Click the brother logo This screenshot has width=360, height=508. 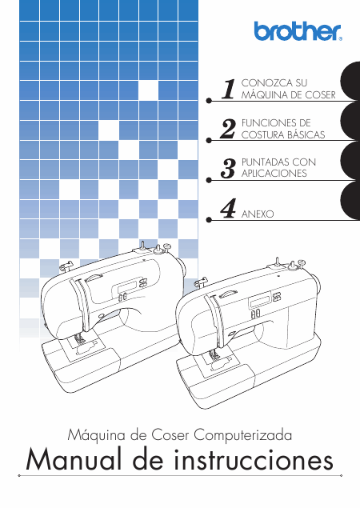coord(298,31)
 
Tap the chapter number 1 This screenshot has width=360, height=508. coord(229,89)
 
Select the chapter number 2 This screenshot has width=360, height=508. coord(228,129)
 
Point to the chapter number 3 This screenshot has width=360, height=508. coord(228,169)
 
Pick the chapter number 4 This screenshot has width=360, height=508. coord(228,208)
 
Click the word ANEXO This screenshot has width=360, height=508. coord(258,214)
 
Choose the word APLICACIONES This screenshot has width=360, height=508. coord(274,174)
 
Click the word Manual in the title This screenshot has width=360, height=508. coord(78,460)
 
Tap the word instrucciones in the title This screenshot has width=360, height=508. coord(254,460)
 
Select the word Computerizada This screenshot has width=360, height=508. coord(242,434)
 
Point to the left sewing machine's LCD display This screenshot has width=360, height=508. coord(127,286)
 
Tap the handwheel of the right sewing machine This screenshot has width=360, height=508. coord(317,283)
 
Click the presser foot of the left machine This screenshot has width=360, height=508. coord(78,341)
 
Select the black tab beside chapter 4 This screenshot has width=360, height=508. coord(350,200)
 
